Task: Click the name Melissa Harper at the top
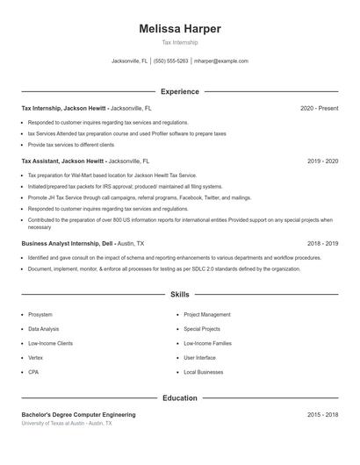coord(180,29)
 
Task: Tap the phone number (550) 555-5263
coord(171,61)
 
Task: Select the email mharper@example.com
coord(221,61)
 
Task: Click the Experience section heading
coord(180,91)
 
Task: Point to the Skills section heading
coord(180,295)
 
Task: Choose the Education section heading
coord(180,397)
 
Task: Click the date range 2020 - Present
coord(319,108)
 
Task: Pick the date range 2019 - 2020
coord(322,161)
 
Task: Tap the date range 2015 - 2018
coord(322,414)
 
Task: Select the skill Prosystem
coord(40,314)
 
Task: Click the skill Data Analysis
coord(44,329)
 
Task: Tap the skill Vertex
coord(35,358)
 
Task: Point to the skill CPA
coord(33,372)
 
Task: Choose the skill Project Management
coord(207,314)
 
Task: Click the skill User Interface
coord(200,358)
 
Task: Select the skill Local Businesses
coord(204,372)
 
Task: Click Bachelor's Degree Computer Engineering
coord(79,414)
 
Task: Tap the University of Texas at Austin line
coord(67,423)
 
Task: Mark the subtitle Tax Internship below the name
coord(180,42)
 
